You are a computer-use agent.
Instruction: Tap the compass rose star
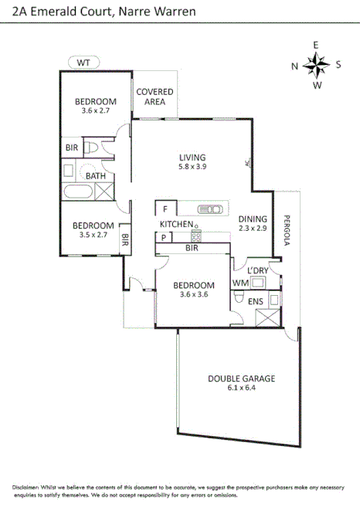click(316, 65)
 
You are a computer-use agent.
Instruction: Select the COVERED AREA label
click(155, 97)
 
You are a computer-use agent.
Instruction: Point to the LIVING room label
click(192, 155)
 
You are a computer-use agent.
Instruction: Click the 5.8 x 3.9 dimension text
click(192, 166)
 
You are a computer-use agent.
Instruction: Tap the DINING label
click(252, 218)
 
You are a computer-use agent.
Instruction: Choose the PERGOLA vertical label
click(285, 229)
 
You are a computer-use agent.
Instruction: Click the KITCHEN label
click(176, 224)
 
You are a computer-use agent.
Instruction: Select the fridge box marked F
click(165, 209)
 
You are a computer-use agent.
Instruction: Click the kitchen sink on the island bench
click(209, 209)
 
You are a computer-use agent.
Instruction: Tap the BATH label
click(96, 175)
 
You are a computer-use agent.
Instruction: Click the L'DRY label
click(257, 270)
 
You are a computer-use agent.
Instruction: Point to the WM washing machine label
click(239, 283)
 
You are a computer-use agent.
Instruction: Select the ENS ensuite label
click(256, 301)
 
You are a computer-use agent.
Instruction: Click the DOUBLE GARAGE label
click(241, 378)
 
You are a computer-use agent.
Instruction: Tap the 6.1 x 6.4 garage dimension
click(241, 389)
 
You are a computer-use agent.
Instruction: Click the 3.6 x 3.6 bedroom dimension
click(194, 294)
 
